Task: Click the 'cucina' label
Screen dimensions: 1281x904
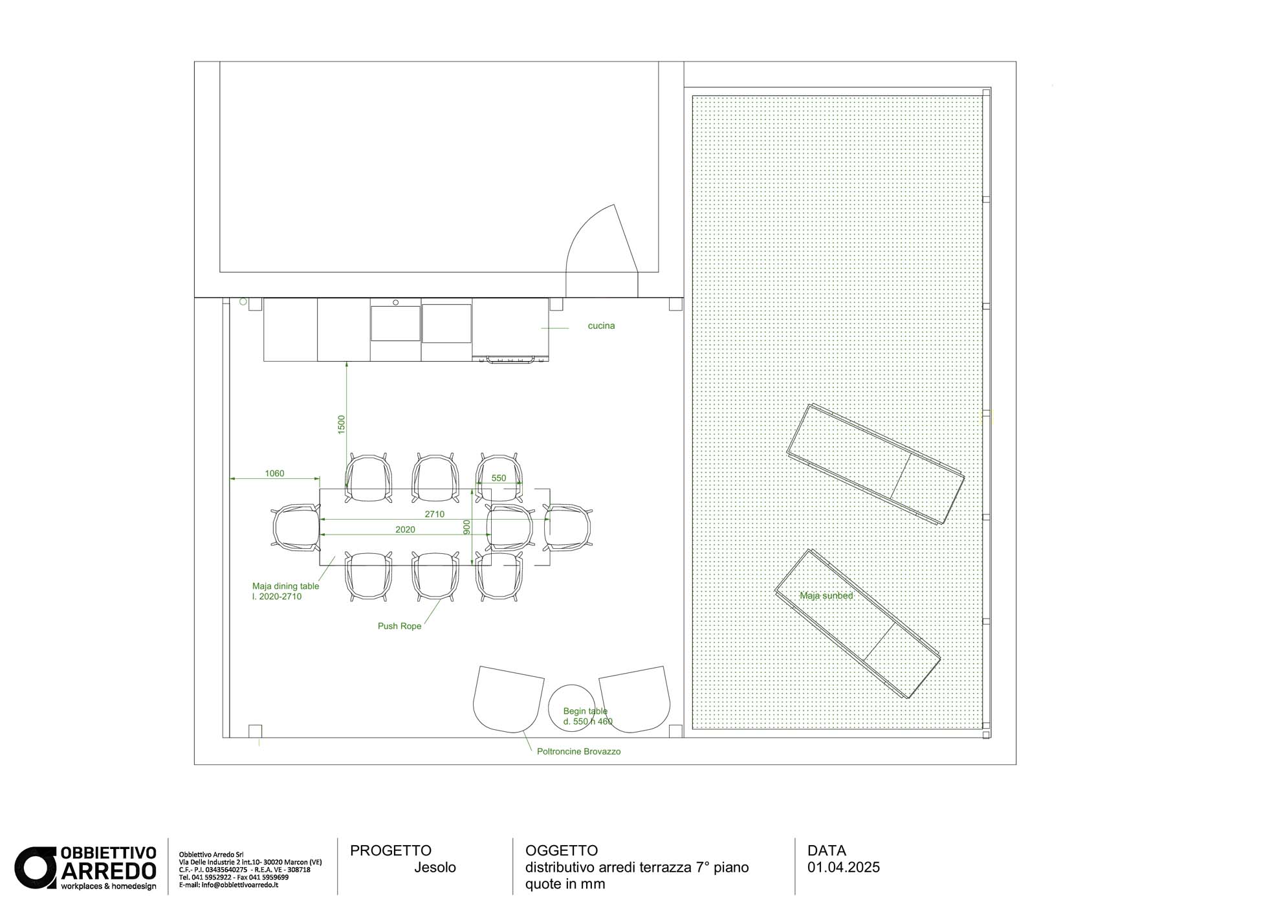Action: click(x=601, y=325)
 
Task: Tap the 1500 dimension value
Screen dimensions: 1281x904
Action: click(x=342, y=424)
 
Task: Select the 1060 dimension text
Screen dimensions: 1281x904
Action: click(x=274, y=474)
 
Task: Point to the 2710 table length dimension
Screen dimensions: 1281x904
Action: click(x=435, y=514)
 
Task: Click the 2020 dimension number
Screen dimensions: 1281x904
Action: click(x=405, y=529)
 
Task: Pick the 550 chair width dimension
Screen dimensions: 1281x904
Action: click(x=499, y=478)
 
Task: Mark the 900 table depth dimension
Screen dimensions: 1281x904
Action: click(x=466, y=527)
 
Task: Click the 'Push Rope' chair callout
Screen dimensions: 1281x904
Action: click(x=399, y=626)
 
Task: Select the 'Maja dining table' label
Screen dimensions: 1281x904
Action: click(x=285, y=586)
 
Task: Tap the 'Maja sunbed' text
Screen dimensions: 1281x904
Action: click(x=826, y=595)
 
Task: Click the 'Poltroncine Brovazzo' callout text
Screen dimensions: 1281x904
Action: click(x=578, y=751)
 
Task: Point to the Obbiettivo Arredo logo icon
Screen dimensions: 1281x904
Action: click(x=36, y=868)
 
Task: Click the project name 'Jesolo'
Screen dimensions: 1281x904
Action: click(x=435, y=867)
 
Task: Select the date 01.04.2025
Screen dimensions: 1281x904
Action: click(x=844, y=867)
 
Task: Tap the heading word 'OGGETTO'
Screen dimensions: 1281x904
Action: click(x=562, y=850)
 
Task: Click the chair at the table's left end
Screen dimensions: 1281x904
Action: click(x=296, y=527)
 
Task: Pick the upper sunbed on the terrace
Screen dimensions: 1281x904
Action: click(x=875, y=464)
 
